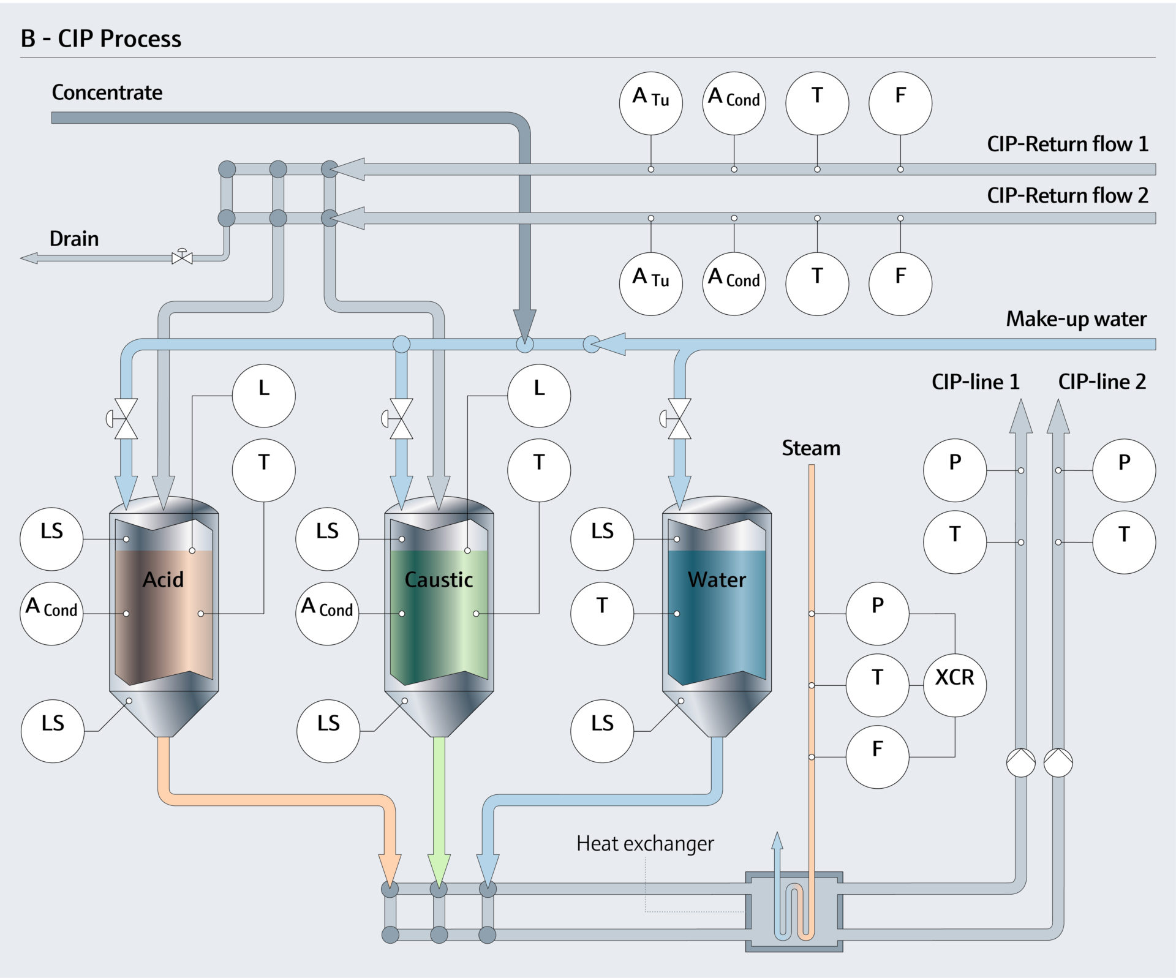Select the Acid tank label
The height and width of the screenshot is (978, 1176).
pos(163,579)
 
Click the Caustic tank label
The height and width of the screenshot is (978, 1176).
pos(439,579)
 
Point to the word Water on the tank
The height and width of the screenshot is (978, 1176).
pos(717,579)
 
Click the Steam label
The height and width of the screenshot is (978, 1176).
pos(811,448)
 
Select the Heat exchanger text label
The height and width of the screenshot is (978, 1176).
pos(645,843)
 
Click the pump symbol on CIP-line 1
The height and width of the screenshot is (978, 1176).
pos(1020,762)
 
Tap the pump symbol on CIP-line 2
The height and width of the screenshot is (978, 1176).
pos(1058,762)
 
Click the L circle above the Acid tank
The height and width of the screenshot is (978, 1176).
pos(263,396)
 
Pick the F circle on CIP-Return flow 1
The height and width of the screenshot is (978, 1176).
pos(900,103)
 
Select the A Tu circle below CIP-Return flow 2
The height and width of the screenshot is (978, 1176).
pos(650,284)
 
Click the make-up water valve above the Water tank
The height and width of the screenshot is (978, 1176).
pos(679,419)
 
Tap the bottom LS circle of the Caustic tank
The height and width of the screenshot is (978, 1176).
pos(328,731)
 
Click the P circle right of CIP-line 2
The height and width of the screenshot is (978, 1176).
pos(1123,470)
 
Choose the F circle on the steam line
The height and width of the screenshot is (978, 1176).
pos(877,756)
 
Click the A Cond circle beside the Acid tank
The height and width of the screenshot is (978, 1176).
pos(51,613)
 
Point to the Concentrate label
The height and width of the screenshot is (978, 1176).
pos(107,92)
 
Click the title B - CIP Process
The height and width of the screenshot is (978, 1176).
pos(101,39)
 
